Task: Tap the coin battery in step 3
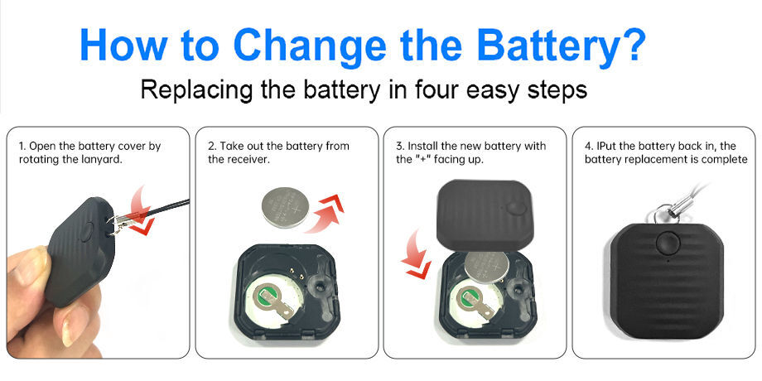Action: pos(487,267)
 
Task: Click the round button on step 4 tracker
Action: pos(666,243)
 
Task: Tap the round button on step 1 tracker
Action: pos(86,232)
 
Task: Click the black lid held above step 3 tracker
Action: pos(485,214)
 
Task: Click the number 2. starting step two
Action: pos(211,147)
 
